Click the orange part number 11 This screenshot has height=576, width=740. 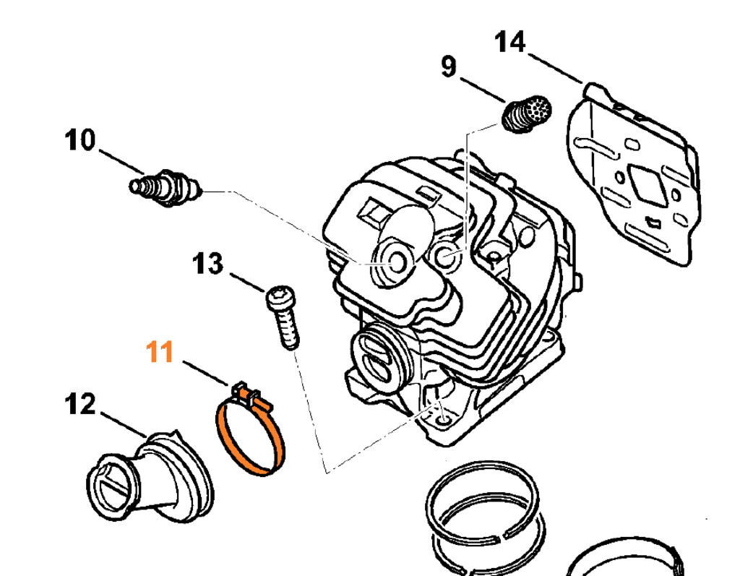tap(160, 353)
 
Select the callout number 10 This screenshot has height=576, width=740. tap(79, 139)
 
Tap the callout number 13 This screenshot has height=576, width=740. tap(209, 264)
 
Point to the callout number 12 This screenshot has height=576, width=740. tap(79, 405)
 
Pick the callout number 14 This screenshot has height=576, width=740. tap(510, 42)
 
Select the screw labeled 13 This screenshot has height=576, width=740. tap(283, 318)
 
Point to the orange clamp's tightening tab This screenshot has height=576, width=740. tap(247, 395)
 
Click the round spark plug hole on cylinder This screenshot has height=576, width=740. tap(397, 263)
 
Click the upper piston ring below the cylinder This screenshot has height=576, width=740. tap(483, 499)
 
